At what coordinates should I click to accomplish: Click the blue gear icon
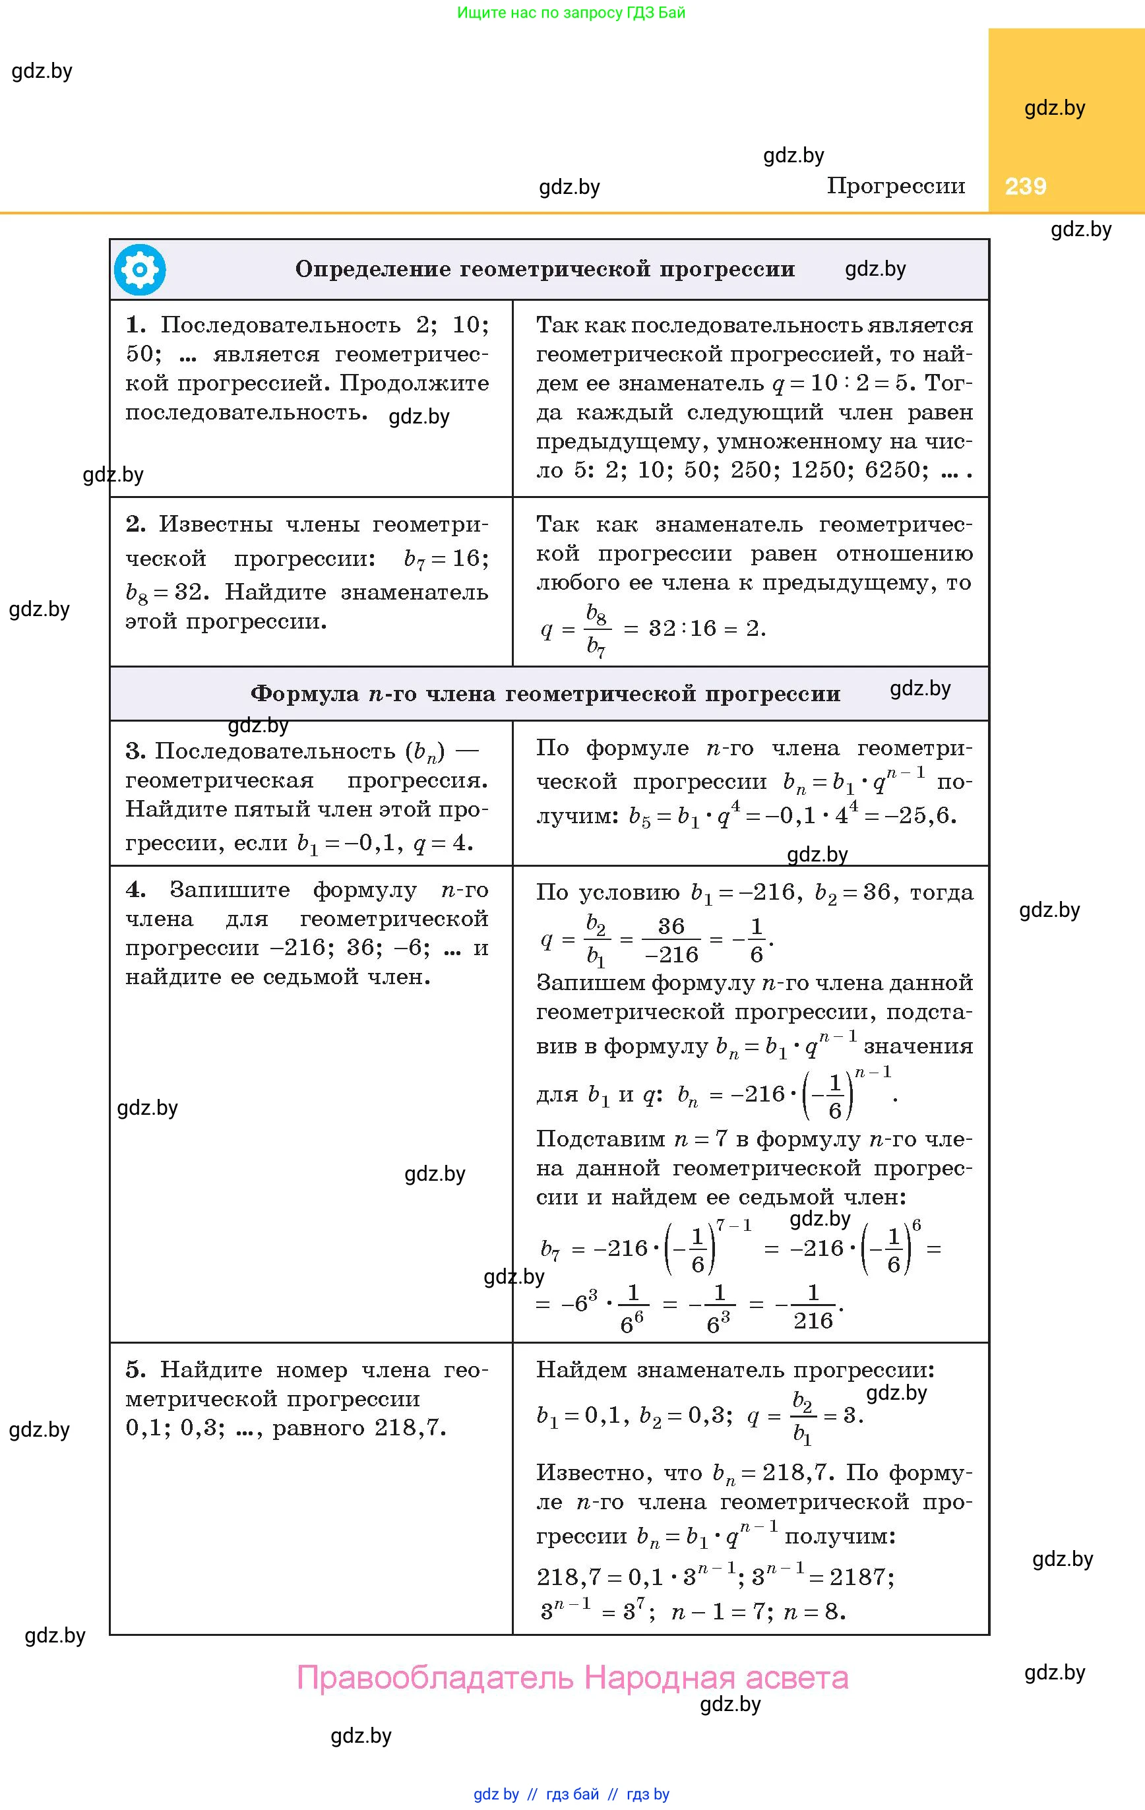[x=140, y=270]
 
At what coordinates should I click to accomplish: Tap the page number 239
[x=1026, y=187]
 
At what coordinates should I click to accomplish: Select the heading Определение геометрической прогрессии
[x=545, y=269]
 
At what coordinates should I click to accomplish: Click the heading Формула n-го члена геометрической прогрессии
[x=545, y=693]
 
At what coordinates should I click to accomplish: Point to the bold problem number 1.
[x=135, y=325]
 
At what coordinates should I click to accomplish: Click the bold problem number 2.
[x=135, y=524]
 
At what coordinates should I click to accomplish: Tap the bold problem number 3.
[x=135, y=751]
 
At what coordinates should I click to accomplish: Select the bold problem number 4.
[x=135, y=890]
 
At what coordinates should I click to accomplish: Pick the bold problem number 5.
[x=135, y=1370]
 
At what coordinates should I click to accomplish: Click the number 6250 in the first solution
[x=896, y=470]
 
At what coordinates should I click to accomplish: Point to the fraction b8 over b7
[x=597, y=630]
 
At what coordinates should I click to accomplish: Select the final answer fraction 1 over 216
[x=813, y=1309]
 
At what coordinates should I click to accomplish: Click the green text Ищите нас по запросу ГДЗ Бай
[x=571, y=13]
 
